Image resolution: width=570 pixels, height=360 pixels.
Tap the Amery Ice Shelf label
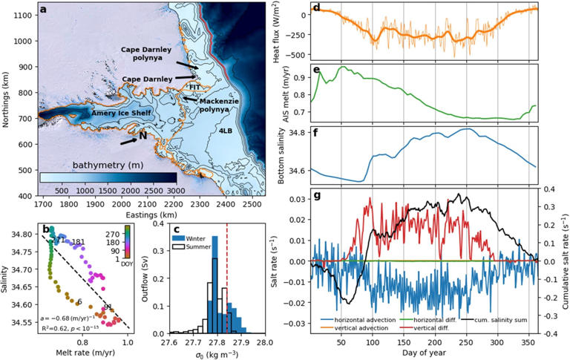tap(122, 114)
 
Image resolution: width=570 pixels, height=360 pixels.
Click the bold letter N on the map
tap(142, 136)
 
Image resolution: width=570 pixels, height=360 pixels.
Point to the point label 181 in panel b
tap(79, 242)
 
